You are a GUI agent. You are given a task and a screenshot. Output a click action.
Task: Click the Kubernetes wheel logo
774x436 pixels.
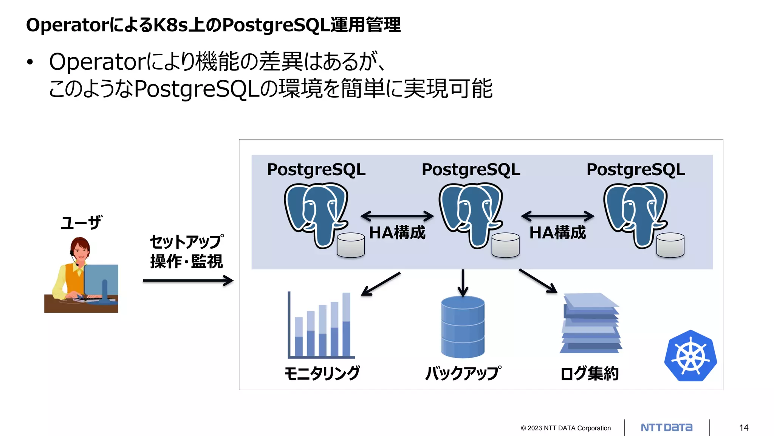tap(690, 356)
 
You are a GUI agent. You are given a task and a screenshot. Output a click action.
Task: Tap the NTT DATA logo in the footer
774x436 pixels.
tap(667, 428)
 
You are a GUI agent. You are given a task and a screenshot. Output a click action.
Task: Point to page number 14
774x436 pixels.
tap(744, 428)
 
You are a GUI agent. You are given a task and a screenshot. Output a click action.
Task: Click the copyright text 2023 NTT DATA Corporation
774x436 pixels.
tap(566, 428)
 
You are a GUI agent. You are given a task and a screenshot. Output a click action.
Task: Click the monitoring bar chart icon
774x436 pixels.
tap(320, 326)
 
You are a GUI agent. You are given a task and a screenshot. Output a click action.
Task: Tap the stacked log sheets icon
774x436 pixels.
tap(591, 323)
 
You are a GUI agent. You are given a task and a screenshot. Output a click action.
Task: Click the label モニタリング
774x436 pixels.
tap(322, 373)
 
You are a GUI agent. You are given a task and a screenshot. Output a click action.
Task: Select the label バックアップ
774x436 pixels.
tap(463, 373)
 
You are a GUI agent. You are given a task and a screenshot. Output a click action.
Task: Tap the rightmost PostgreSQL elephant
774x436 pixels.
tap(635, 214)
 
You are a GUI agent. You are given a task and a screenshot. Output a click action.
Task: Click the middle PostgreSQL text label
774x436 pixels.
tap(471, 170)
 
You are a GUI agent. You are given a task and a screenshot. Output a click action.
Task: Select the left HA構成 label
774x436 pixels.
tap(397, 232)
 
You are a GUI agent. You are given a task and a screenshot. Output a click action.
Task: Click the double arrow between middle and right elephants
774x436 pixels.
tap(557, 216)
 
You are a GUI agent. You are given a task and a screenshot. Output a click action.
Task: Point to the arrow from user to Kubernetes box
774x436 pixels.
tap(188, 281)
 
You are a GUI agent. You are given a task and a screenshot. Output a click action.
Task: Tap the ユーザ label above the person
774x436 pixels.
tap(81, 223)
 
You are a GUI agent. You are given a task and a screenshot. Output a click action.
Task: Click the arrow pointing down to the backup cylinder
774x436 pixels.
tap(463, 283)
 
